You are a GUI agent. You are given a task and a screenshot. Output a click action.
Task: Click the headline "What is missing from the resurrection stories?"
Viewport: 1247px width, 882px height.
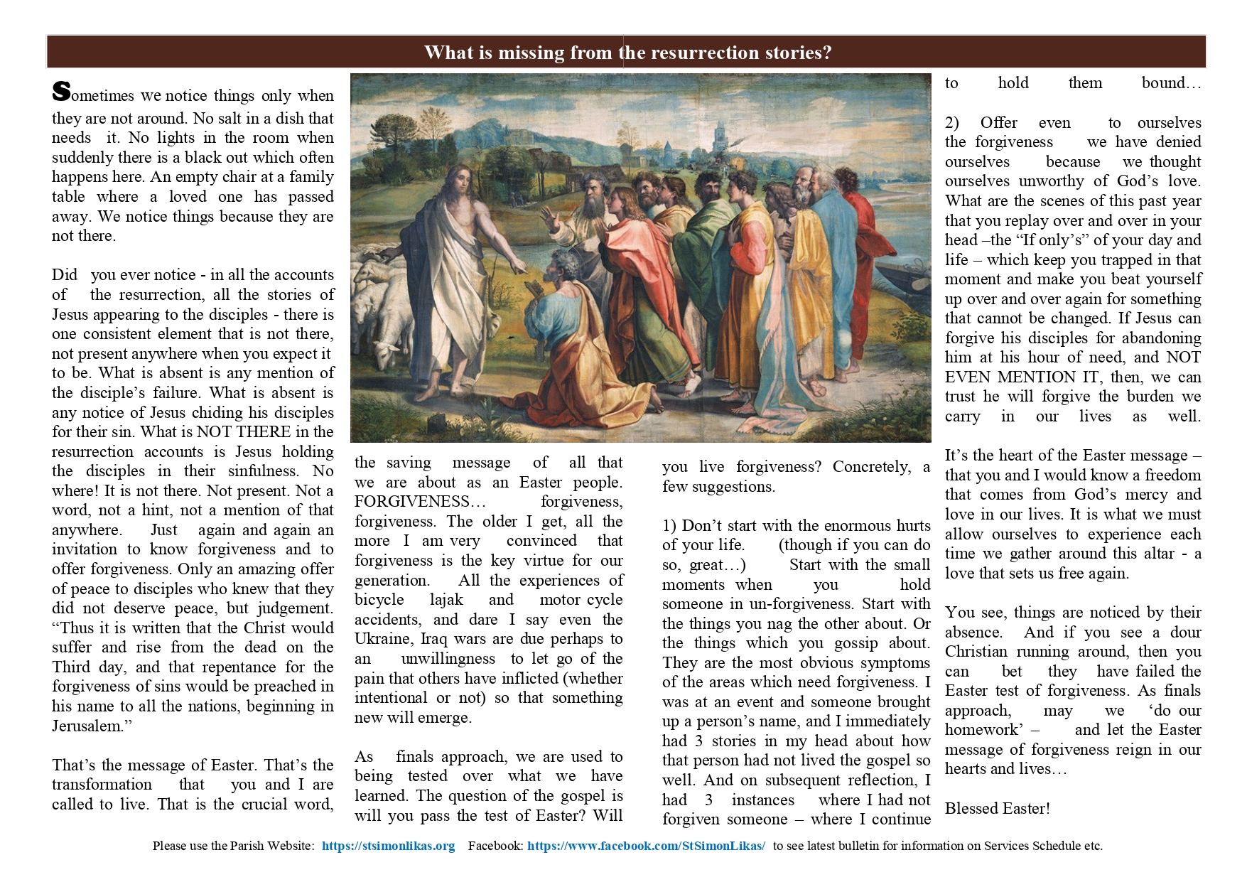[627, 53]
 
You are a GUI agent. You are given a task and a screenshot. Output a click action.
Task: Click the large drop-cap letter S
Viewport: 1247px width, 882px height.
[62, 92]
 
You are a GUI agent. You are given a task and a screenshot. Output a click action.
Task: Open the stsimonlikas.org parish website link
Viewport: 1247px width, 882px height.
[388, 846]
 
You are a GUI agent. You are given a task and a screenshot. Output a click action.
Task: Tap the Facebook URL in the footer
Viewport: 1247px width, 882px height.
[646, 846]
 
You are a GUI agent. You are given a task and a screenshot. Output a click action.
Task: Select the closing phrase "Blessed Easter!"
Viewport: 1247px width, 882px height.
[997, 808]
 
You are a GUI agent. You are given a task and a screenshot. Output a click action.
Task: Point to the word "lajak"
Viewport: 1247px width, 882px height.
[446, 600]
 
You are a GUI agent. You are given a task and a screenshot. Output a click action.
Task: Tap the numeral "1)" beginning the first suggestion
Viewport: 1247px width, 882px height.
[669, 526]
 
